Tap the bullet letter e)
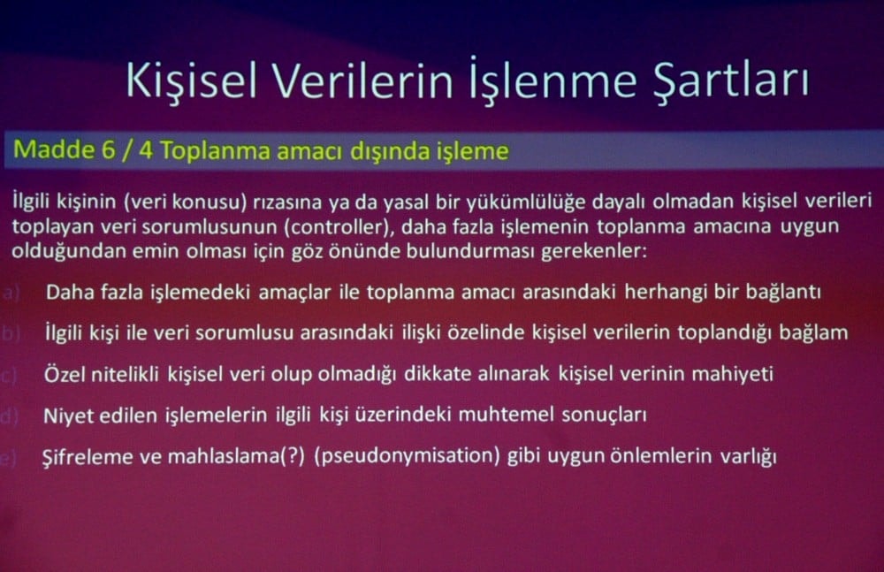tap(11, 459)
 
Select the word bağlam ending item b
tap(819, 333)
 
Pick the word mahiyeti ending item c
tap(731, 375)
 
